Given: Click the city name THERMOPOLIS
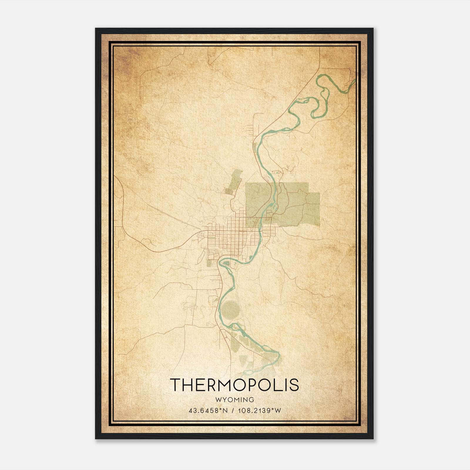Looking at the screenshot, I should coord(234,385).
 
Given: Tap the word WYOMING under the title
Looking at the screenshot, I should coord(234,400).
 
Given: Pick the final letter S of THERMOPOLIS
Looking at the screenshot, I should coord(294,385).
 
